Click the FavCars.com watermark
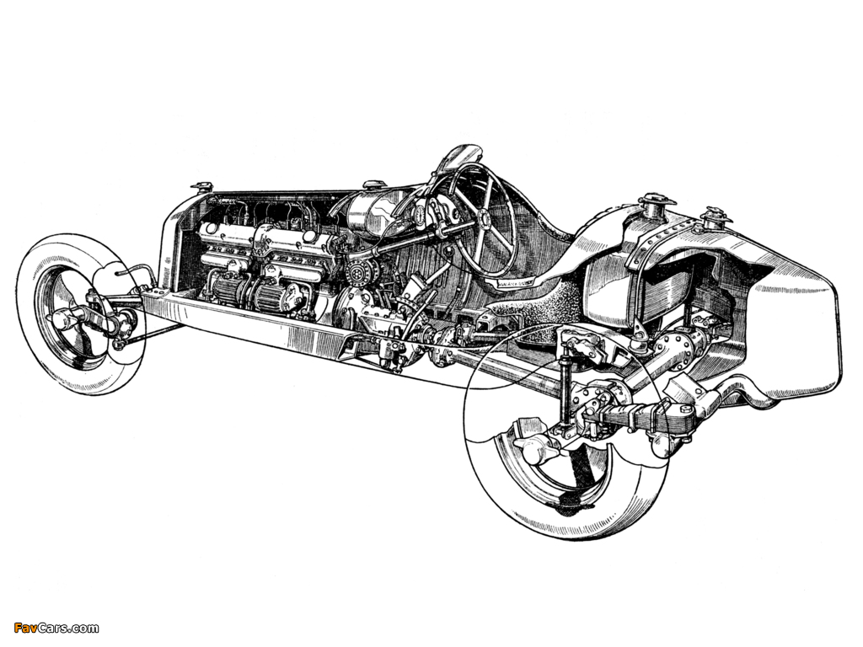pos(56,628)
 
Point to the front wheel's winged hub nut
pos(65,317)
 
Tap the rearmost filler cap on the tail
pos(715,217)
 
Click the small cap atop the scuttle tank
pos(374,183)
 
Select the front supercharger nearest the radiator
pos(227,286)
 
